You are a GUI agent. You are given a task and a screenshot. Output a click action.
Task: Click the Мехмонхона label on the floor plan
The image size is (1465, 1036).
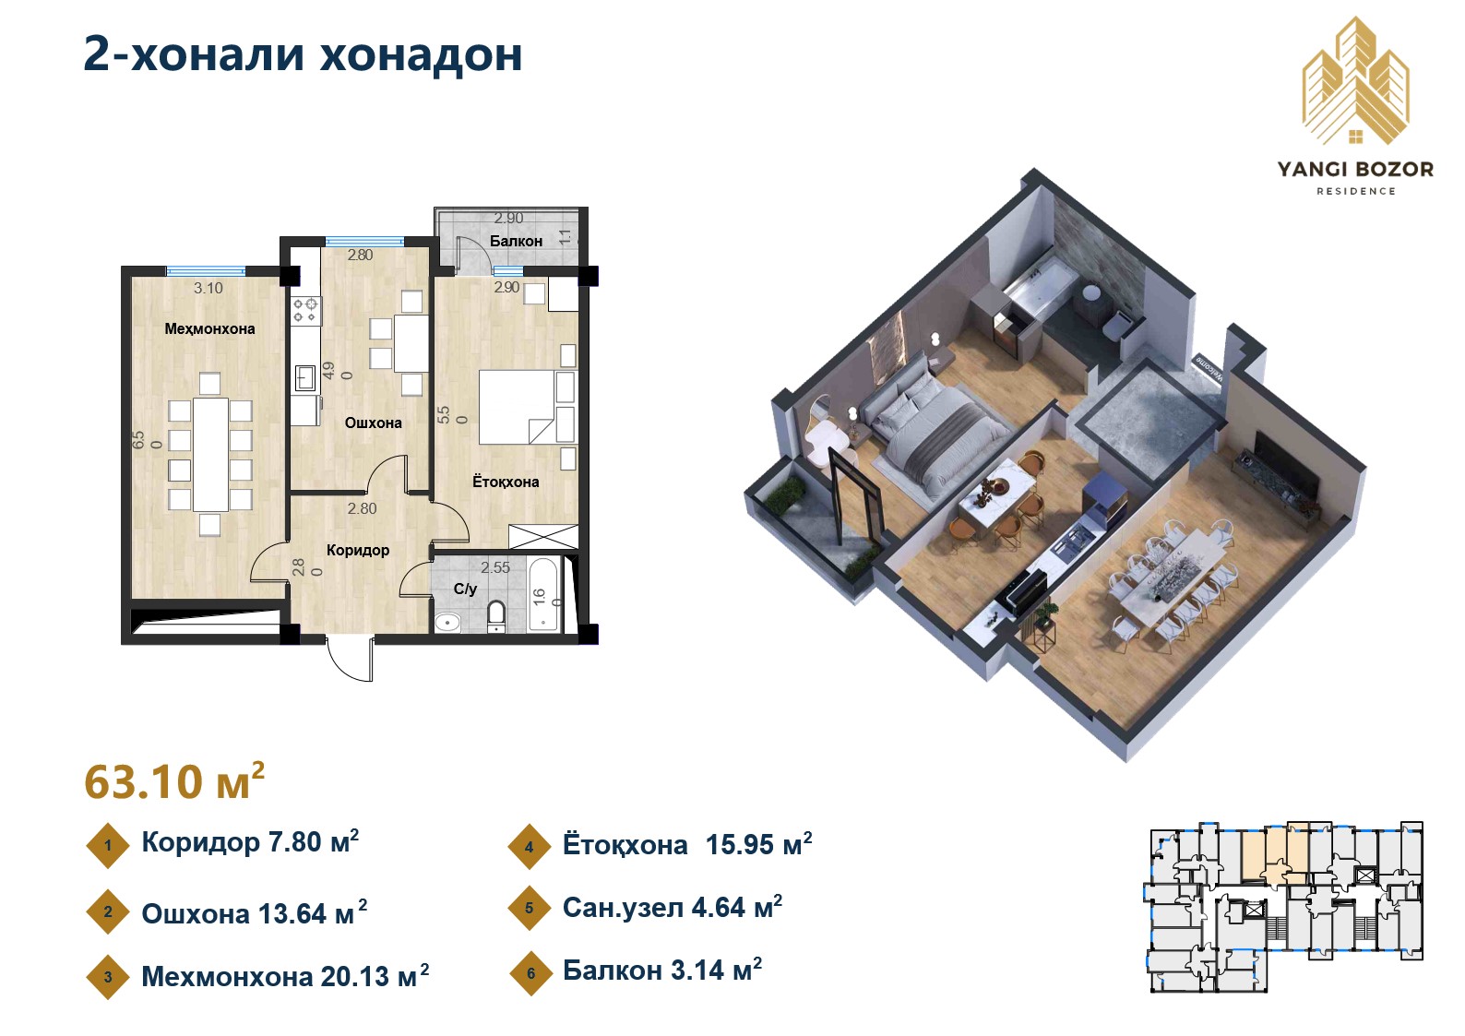tap(209, 328)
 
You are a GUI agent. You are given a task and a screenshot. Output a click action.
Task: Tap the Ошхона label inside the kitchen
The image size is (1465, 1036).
tap(373, 423)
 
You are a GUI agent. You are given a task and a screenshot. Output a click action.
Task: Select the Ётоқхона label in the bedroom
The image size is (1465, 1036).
tap(505, 482)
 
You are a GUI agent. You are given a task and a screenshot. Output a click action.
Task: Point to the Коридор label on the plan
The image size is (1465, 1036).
tap(357, 550)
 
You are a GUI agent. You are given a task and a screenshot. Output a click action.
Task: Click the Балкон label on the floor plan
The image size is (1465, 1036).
tap(516, 241)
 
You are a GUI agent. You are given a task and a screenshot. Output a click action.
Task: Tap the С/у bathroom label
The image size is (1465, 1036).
tap(465, 589)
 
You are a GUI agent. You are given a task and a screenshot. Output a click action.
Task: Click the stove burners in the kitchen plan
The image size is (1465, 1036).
tap(305, 309)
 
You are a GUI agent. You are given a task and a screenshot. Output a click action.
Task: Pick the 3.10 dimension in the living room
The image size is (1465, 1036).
tap(208, 288)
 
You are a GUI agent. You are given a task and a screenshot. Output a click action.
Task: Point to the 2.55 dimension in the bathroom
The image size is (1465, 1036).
tap(495, 567)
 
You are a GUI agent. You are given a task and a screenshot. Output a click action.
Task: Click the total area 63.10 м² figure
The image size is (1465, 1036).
tap(174, 781)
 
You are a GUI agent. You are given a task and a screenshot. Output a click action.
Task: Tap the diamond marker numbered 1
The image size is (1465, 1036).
tap(108, 845)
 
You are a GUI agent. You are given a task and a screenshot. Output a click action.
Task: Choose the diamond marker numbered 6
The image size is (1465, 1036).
tap(530, 973)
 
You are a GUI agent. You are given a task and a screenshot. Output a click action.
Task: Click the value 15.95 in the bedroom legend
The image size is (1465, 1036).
tap(743, 845)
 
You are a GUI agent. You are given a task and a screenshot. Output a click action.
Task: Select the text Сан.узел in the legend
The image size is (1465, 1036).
tap(624, 908)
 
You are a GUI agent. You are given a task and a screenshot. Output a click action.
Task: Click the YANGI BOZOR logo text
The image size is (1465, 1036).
tap(1355, 170)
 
